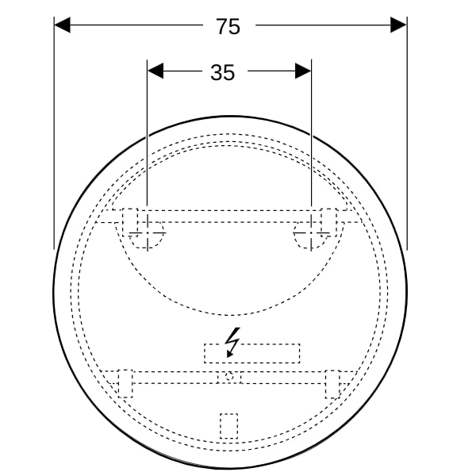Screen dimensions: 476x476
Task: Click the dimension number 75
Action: click(x=228, y=26)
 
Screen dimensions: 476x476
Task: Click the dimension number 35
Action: click(x=222, y=72)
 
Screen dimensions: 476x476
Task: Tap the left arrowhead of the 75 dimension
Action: click(x=62, y=25)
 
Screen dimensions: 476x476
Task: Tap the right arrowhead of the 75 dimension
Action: click(x=398, y=25)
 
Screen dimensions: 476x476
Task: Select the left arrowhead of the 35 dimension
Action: click(x=155, y=71)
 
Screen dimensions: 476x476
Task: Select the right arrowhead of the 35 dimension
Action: click(x=303, y=71)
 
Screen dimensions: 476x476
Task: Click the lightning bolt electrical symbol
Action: click(x=232, y=342)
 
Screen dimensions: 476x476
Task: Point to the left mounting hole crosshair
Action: click(x=148, y=233)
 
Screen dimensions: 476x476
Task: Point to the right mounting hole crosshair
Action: click(x=311, y=233)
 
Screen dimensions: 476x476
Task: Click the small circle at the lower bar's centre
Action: click(x=229, y=377)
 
